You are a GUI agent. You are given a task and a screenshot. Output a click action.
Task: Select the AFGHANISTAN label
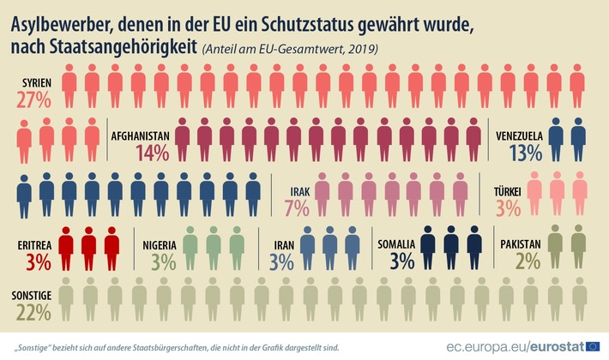pyautogui.click(x=140, y=135)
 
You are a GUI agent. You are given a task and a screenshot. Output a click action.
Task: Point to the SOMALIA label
pyautogui.click(x=396, y=244)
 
